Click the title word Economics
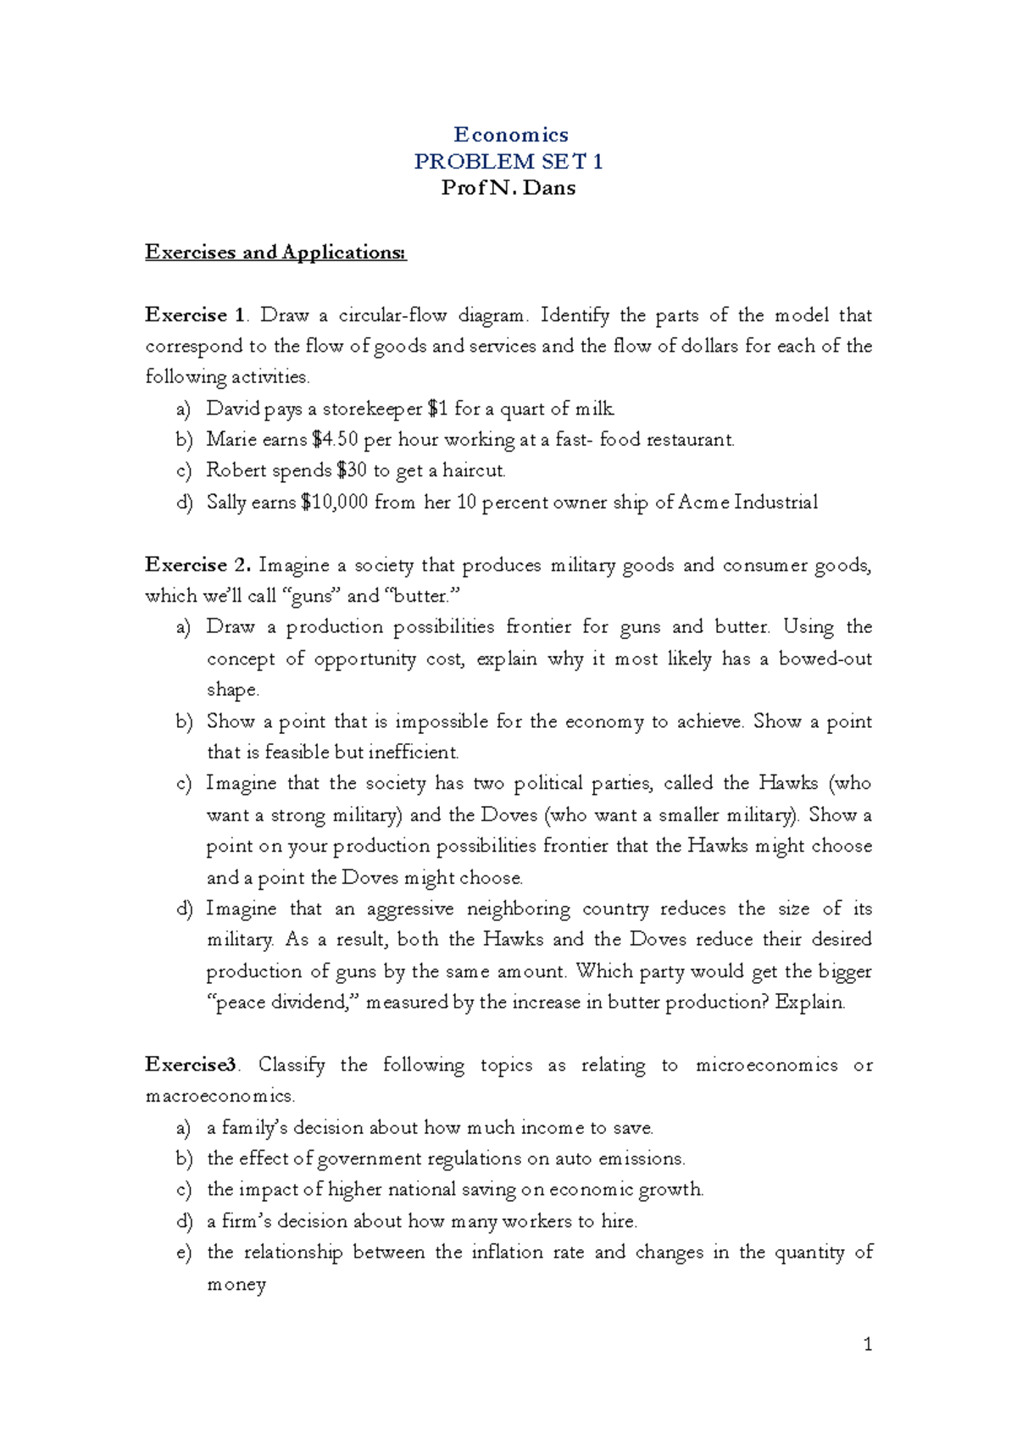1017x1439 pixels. (510, 135)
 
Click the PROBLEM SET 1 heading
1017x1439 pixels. (508, 161)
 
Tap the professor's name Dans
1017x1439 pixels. (549, 188)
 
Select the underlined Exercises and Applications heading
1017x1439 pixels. (275, 252)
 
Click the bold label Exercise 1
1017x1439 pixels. (195, 315)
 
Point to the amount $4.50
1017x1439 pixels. (335, 440)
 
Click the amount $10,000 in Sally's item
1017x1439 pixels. (334, 503)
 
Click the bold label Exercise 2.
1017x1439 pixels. (197, 565)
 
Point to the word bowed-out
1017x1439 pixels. (825, 659)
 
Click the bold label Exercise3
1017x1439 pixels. (192, 1065)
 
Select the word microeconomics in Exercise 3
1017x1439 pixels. (766, 1065)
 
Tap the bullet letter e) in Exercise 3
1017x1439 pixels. (184, 1253)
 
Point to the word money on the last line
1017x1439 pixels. (236, 1285)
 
